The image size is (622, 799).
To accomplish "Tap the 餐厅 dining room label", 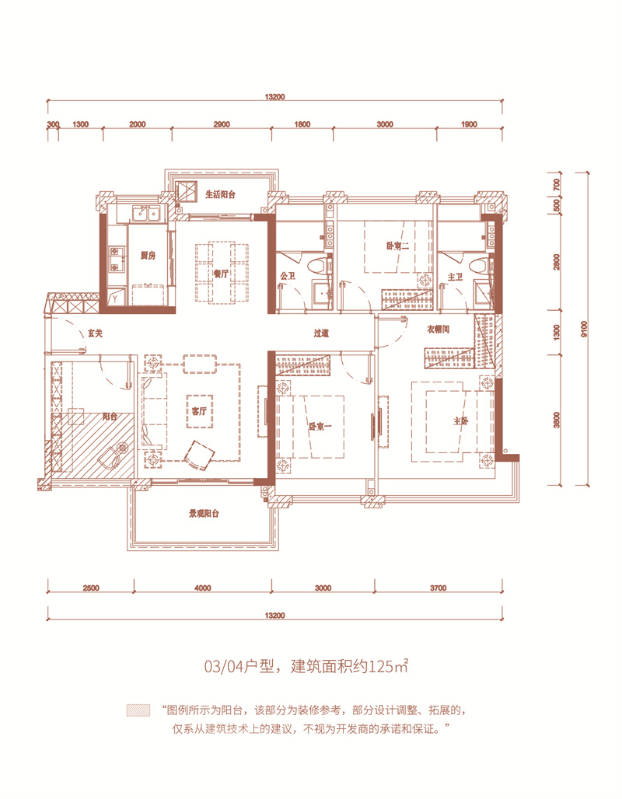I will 220,274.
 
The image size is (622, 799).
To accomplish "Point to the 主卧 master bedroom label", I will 462,420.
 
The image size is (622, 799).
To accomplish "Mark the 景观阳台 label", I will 204,514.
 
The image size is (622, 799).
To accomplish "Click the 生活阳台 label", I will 220,195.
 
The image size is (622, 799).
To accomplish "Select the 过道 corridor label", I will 322,333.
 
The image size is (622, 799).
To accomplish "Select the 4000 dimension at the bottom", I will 204,588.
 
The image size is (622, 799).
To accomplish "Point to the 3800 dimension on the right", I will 556,420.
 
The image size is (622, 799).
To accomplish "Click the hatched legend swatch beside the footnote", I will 138,710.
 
